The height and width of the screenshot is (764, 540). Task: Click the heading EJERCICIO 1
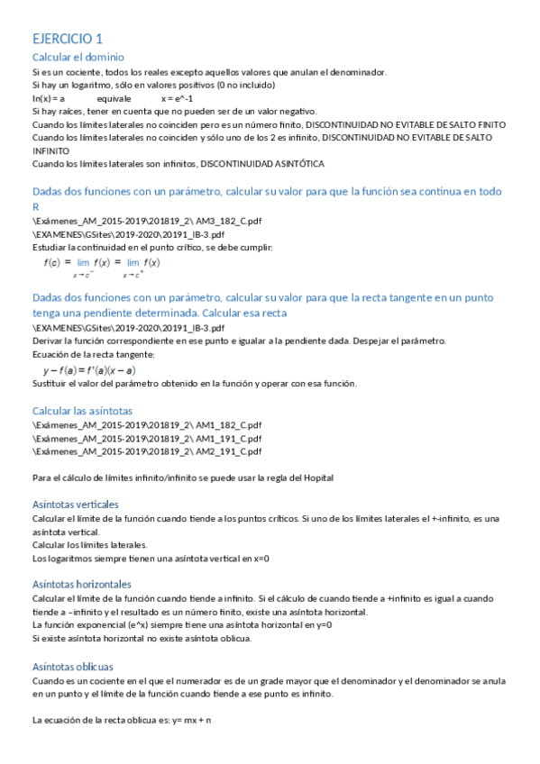(68, 39)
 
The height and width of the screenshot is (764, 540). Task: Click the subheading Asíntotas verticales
(76, 504)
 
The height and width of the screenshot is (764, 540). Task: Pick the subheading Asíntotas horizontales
(81, 584)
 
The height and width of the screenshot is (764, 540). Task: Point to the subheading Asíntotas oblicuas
(73, 666)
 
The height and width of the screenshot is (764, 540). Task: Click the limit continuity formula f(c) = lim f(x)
(102, 266)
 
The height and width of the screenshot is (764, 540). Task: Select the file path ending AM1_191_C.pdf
(147, 438)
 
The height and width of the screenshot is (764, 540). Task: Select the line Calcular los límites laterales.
(89, 545)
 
